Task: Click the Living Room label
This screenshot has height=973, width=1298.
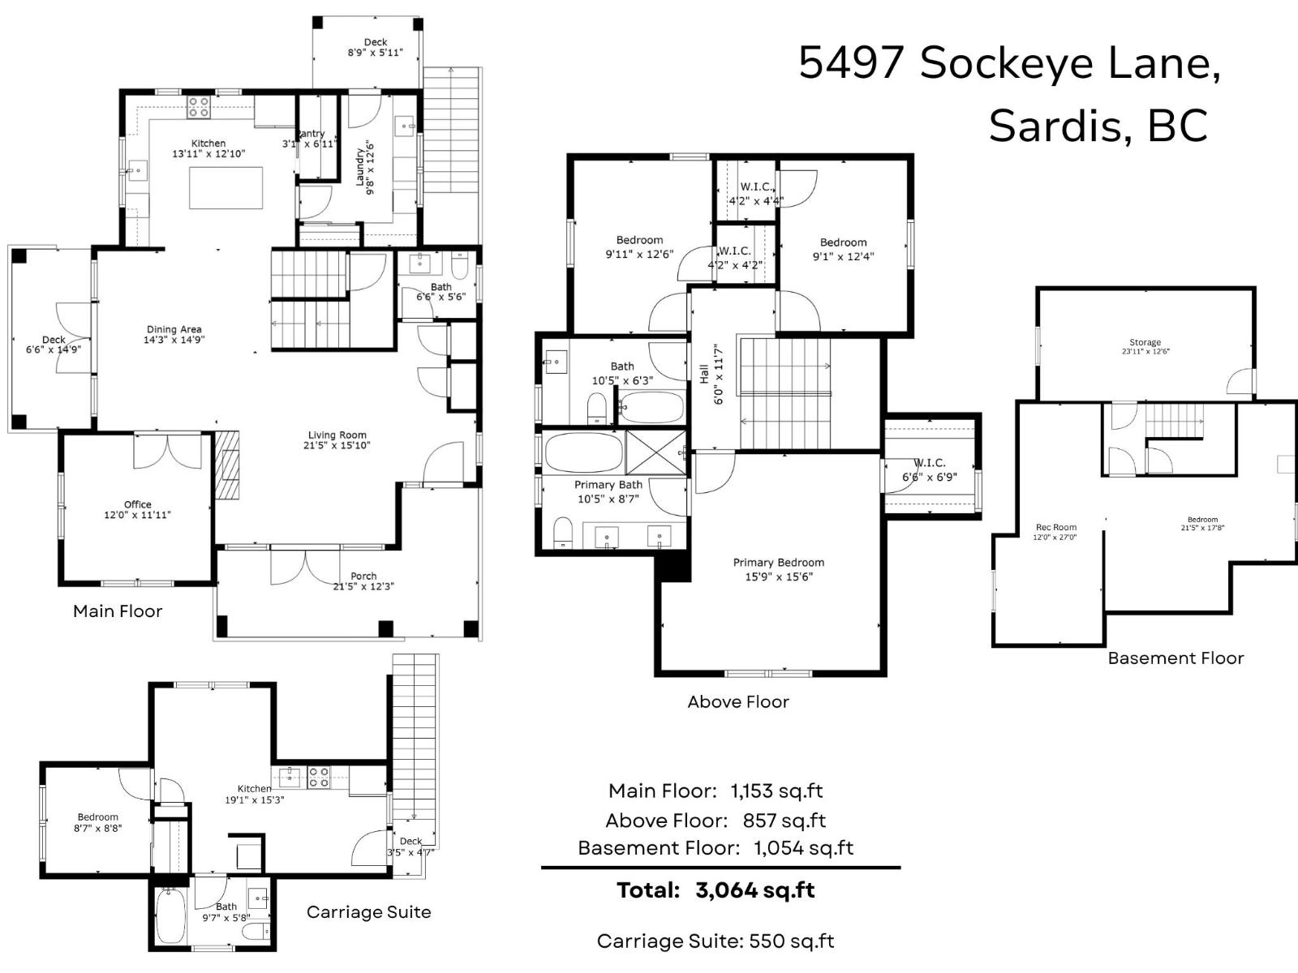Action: [337, 435]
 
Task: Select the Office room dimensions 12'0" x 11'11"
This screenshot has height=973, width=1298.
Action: [137, 515]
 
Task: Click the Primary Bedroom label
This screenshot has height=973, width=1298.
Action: [778, 563]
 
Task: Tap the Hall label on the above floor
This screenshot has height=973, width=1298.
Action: [704, 374]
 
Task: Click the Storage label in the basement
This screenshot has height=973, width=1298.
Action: [1145, 342]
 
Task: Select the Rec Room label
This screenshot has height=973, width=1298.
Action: [1055, 527]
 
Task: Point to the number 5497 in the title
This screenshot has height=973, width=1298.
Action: [851, 62]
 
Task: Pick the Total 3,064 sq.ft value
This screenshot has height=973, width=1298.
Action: [754, 890]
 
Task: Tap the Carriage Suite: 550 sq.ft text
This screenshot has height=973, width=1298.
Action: [715, 941]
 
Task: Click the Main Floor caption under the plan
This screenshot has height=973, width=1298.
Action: [118, 611]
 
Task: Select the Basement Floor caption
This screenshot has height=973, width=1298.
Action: [1176, 658]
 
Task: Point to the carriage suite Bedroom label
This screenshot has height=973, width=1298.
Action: [98, 817]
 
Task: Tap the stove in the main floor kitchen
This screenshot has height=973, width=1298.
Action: [199, 107]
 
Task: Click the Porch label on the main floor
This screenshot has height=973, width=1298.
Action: [363, 577]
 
